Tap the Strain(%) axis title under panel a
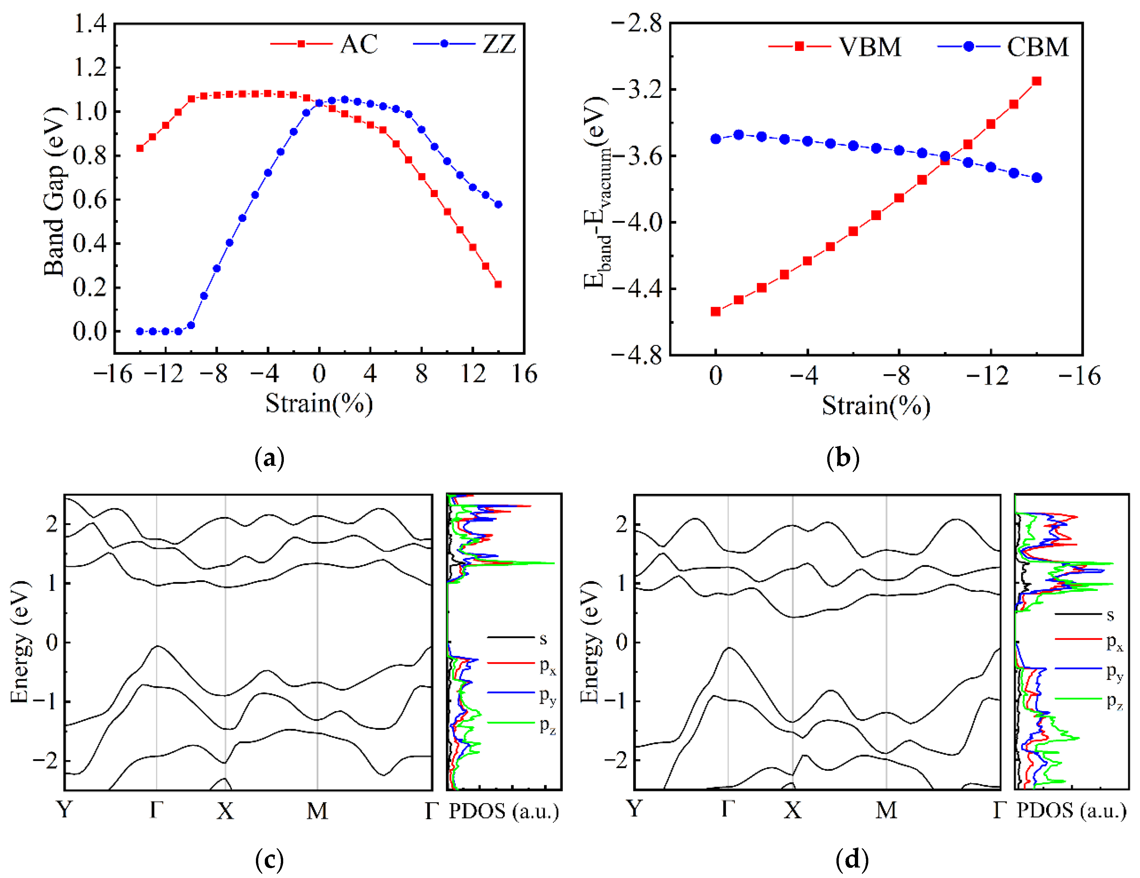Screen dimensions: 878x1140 [x=319, y=403]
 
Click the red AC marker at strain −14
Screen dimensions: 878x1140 [x=140, y=148]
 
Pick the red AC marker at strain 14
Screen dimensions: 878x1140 [x=498, y=284]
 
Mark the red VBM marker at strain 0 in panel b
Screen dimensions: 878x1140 [x=716, y=312]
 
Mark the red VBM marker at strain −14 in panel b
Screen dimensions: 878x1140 [x=1037, y=81]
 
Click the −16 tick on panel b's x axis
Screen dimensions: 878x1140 [x=1080, y=376]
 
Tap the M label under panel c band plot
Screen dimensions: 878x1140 [x=317, y=811]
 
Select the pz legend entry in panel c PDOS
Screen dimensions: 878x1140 [x=548, y=725]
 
